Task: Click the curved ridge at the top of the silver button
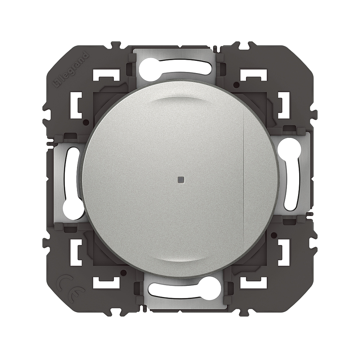tap(180, 98)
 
